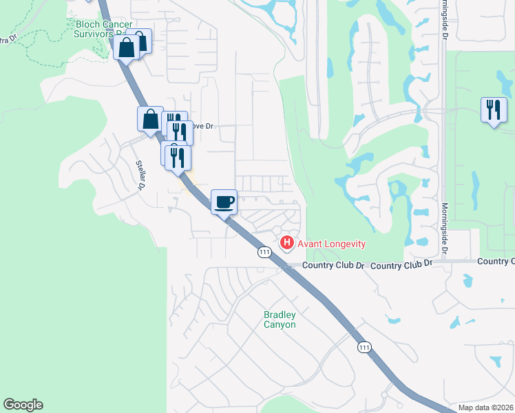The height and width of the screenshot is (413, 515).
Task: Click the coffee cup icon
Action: pyautogui.click(x=224, y=202)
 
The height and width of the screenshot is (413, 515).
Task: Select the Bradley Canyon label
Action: pyautogui.click(x=280, y=319)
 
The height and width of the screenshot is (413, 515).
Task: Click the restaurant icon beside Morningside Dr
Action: pyautogui.click(x=494, y=110)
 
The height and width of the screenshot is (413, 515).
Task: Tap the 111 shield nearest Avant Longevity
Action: pyautogui.click(x=264, y=253)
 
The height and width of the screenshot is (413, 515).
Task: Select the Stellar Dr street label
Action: pyautogui.click(x=142, y=175)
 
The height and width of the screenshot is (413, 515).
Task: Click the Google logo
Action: pyautogui.click(x=23, y=405)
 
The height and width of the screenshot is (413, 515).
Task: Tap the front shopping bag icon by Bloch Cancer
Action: pyautogui.click(x=127, y=48)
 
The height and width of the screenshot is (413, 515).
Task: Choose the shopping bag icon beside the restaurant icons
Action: pyautogui.click(x=150, y=119)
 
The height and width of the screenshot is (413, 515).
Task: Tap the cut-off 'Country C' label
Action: pyautogui.click(x=495, y=261)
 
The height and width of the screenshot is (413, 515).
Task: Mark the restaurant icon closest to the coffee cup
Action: pyautogui.click(x=178, y=157)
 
